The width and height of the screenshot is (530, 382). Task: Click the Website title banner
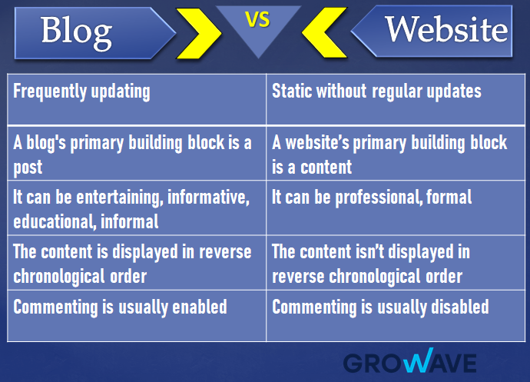tap(442, 31)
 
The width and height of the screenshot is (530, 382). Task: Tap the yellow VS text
tap(258, 20)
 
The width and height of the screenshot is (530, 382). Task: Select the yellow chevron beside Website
tap(323, 32)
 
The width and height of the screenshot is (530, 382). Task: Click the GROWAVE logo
tap(409, 362)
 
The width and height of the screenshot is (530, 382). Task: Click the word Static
tap(292, 91)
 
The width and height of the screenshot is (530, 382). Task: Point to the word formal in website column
tap(451, 198)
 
